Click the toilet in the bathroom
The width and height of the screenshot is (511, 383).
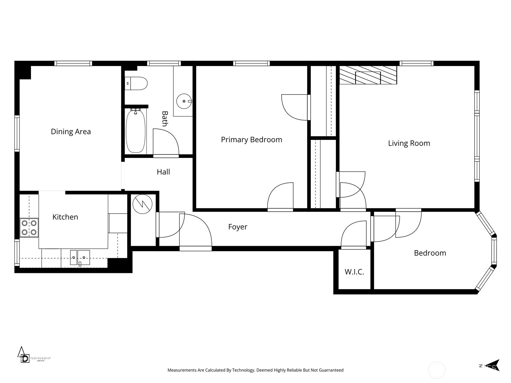click(137, 83)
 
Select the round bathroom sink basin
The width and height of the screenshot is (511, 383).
click(184, 101)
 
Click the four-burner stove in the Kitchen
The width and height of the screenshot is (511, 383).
click(29, 228)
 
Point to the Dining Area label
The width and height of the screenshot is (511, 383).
click(71, 131)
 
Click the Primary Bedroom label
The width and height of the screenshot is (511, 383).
click(251, 139)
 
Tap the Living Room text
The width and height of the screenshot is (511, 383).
click(409, 143)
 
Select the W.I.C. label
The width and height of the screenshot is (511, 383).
click(354, 272)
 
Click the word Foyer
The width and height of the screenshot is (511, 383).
click(238, 227)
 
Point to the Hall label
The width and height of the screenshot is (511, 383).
click(163, 172)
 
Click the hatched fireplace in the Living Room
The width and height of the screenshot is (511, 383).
click(368, 75)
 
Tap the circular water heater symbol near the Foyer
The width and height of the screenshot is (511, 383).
click(142, 204)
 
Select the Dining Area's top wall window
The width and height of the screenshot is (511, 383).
click(73, 63)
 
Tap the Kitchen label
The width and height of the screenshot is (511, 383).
click(65, 217)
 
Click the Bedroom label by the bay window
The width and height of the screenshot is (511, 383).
click(430, 253)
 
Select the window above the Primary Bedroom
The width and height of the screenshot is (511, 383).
click(251, 63)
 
